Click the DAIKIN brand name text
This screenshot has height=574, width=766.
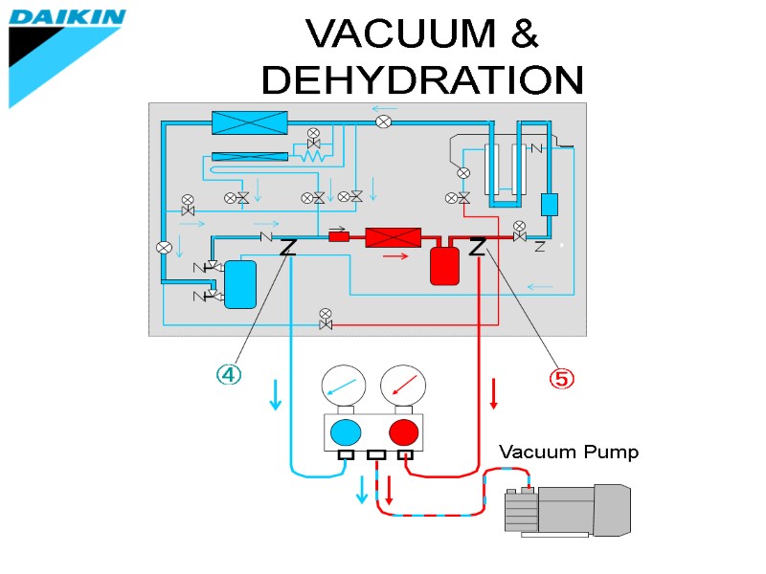(x=67, y=16)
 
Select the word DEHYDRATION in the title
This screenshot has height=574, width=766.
(x=421, y=80)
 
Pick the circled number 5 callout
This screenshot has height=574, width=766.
(x=561, y=379)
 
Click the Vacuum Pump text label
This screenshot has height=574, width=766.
(x=569, y=453)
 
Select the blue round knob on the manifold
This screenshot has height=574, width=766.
(x=346, y=433)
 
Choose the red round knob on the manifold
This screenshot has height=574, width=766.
(x=404, y=433)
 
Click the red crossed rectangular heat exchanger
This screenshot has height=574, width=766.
(x=394, y=238)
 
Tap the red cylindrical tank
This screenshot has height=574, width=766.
(x=445, y=265)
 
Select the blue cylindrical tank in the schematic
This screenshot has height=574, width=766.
(x=240, y=285)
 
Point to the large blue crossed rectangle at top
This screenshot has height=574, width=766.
(x=249, y=122)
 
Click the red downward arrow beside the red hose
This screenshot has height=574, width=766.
(x=494, y=393)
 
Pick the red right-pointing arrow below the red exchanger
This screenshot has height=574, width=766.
(x=395, y=256)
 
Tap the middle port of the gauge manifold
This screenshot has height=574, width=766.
(x=376, y=455)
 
